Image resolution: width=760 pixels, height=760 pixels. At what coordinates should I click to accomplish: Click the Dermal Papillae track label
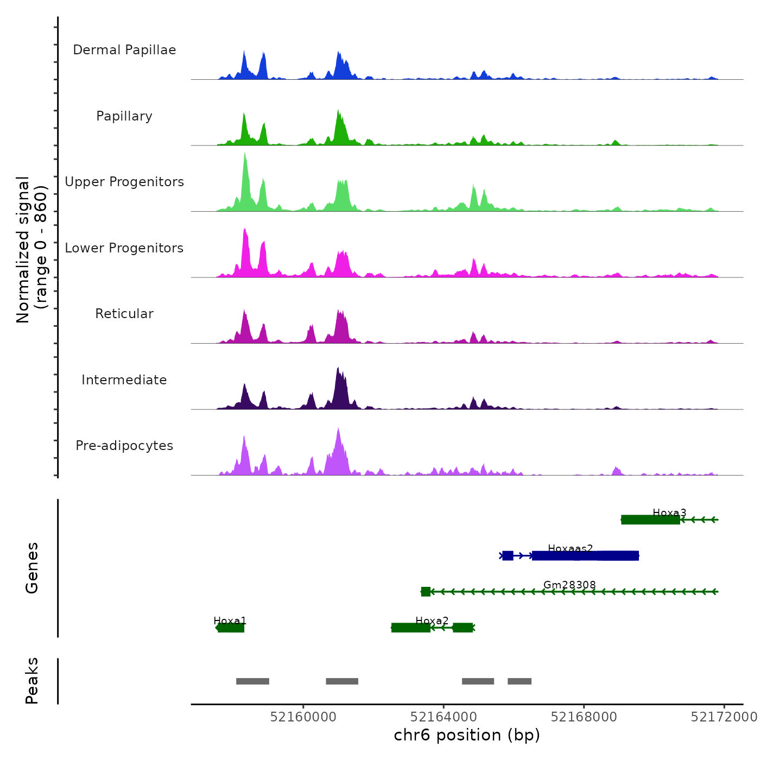pyautogui.click(x=124, y=50)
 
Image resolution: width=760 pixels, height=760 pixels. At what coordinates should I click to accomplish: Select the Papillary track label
pyautogui.click(x=124, y=116)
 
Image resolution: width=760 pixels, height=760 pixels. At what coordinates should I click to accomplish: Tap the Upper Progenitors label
pyautogui.click(x=124, y=182)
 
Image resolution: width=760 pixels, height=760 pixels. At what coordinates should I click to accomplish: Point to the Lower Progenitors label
pyautogui.click(x=124, y=248)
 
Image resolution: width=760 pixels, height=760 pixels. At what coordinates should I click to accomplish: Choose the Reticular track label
pyautogui.click(x=124, y=314)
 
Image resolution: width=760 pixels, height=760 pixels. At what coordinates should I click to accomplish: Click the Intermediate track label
pyautogui.click(x=124, y=380)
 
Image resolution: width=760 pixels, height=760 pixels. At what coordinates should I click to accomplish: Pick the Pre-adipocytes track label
pyautogui.click(x=124, y=446)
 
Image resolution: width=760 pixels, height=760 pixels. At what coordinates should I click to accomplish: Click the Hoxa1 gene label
pyautogui.click(x=230, y=620)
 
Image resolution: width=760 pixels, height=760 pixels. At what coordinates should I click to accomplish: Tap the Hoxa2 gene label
pyautogui.click(x=432, y=620)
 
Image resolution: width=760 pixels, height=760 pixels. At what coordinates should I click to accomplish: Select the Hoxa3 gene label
pyautogui.click(x=669, y=512)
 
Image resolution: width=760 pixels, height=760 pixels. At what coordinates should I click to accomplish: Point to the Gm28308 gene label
pyautogui.click(x=569, y=585)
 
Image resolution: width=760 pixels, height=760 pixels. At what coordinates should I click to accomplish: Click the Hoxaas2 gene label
pyautogui.click(x=570, y=549)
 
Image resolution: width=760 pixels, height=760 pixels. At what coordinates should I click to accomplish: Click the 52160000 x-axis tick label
pyautogui.click(x=303, y=717)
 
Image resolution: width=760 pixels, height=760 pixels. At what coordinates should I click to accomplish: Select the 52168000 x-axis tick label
pyautogui.click(x=584, y=717)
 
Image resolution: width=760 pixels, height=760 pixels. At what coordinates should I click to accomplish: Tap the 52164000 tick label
pyautogui.click(x=444, y=717)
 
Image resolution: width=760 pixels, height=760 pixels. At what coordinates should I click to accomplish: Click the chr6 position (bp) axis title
pyautogui.click(x=467, y=735)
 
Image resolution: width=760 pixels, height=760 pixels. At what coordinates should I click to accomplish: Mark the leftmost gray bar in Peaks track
pyautogui.click(x=252, y=681)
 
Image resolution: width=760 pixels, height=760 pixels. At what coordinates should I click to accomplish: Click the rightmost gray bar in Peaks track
pyautogui.click(x=520, y=681)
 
